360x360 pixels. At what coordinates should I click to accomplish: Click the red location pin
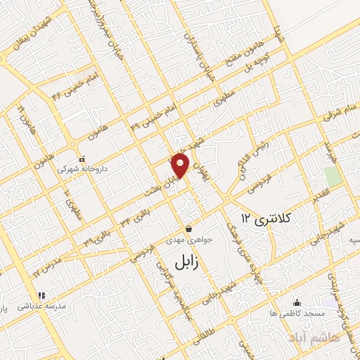point(181,165)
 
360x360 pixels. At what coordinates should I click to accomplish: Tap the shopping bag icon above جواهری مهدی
point(189,229)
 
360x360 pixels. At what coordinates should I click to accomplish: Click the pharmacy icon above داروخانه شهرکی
point(83,159)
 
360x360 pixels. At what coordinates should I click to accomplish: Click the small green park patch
point(333,176)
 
